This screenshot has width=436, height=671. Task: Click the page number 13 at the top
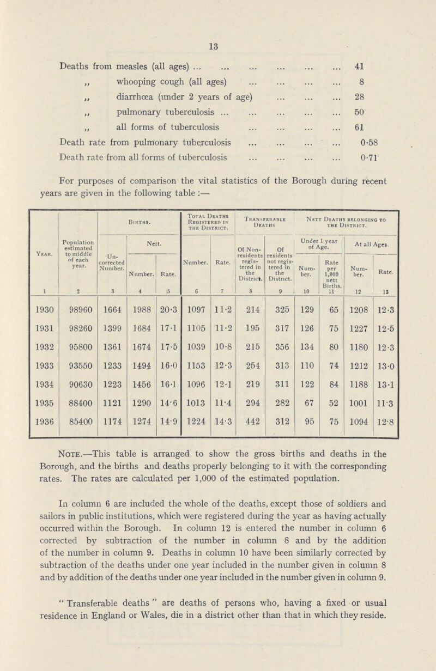[x=218, y=32]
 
